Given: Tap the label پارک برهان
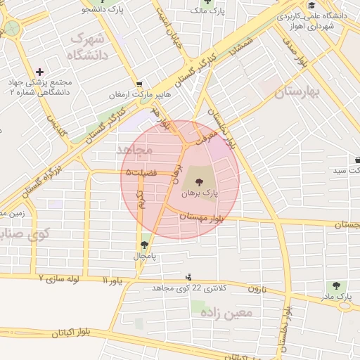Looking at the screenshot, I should click(x=200, y=192).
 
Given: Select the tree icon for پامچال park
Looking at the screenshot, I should click(x=145, y=245).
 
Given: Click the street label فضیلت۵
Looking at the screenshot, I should click(x=143, y=172).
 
